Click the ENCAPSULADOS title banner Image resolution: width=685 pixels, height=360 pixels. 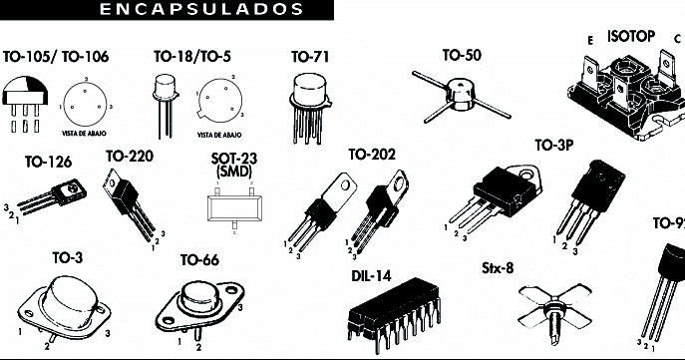[202, 10]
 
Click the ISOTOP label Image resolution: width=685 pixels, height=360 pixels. [630, 37]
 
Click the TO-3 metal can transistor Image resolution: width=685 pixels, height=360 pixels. [65, 304]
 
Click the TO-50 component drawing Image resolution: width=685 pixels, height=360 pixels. [458, 92]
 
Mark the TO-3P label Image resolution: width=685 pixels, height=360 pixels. [553, 145]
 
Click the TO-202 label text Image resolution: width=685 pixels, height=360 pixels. [371, 155]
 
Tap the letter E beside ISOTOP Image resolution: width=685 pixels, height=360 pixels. [590, 39]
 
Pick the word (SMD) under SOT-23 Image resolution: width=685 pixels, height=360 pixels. [232, 173]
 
